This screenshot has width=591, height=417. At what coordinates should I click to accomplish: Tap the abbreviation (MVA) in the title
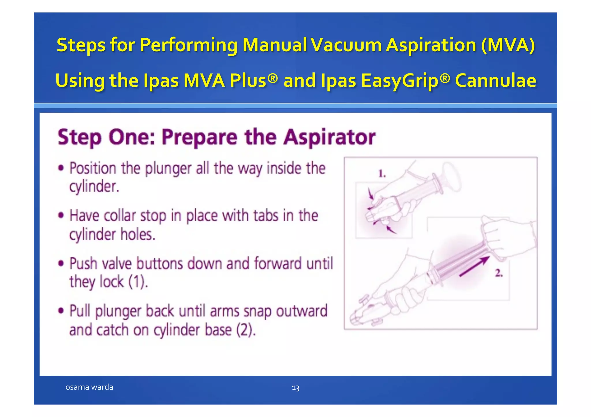tap(508, 45)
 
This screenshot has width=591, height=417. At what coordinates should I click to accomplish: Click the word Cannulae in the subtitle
tap(495, 80)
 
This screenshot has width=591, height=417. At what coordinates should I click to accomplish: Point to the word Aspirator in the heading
tap(329, 137)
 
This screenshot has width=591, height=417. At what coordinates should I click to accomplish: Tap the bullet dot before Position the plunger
tap(61, 168)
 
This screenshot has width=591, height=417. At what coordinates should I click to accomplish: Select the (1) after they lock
tap(137, 282)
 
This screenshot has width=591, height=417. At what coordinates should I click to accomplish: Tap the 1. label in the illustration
tap(382, 173)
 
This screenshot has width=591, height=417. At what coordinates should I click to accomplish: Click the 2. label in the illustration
tap(499, 273)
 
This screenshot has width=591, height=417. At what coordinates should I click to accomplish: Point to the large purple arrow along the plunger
tap(474, 266)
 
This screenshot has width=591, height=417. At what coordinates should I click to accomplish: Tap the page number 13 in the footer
tap(295, 388)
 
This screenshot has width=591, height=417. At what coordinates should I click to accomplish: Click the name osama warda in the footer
tap(89, 387)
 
